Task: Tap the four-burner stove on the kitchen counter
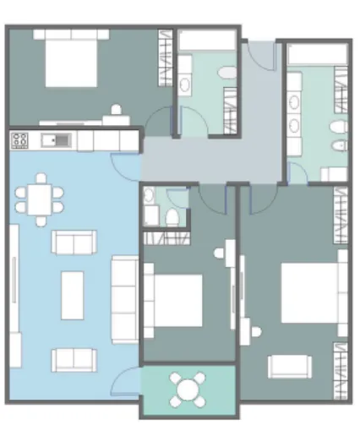19,140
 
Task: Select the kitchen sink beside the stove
56,140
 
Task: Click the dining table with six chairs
39,201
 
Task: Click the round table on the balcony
186,390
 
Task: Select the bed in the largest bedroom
309,293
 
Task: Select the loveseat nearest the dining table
74,243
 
